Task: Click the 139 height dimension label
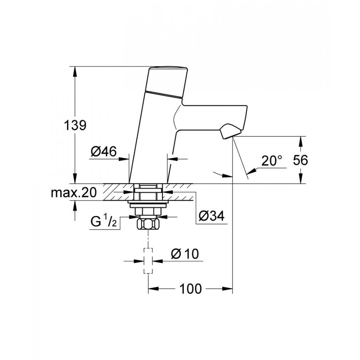[x=75, y=125]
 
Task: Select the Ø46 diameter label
[x=103, y=152]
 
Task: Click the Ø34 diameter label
[x=212, y=216]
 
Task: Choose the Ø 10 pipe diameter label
[x=184, y=254]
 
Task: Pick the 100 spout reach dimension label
[x=190, y=289]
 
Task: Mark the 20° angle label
[x=272, y=161]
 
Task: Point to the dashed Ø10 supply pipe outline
[x=148, y=261]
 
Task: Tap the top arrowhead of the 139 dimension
[x=75, y=70]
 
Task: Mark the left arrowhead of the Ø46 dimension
[x=125, y=159]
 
